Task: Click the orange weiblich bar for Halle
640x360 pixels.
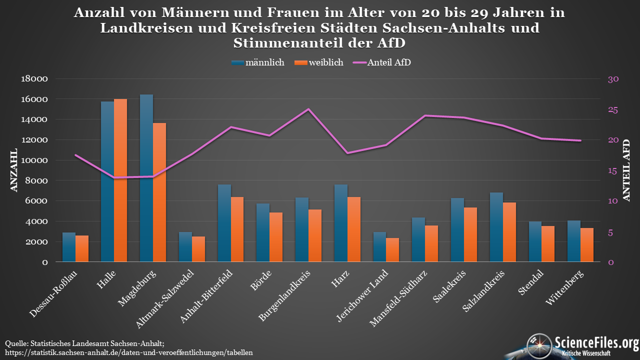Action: (120, 180)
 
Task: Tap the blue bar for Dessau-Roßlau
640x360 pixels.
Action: (69, 247)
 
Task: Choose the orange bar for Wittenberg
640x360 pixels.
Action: (587, 244)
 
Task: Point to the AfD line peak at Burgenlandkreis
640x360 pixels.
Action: (308, 109)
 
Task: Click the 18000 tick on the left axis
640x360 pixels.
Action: (35, 79)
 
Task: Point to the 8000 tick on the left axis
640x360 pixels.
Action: (37, 181)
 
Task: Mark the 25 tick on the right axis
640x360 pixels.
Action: (613, 110)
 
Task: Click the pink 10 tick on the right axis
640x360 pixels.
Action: (613, 201)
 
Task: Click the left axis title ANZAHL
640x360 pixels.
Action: (14, 170)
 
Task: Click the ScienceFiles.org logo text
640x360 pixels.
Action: (596, 343)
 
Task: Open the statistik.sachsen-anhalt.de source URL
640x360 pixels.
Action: (129, 352)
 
